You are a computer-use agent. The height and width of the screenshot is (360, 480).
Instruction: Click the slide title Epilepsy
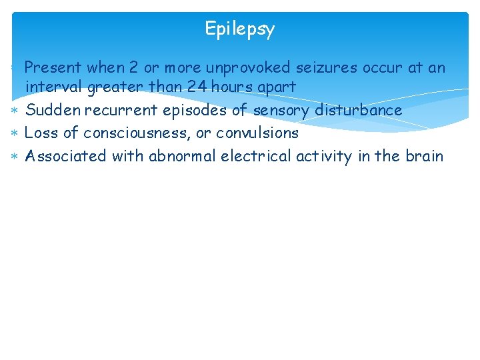(x=239, y=29)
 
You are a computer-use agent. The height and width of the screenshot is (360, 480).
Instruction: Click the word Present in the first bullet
(x=53, y=67)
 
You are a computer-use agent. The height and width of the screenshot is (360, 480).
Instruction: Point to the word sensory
(x=281, y=110)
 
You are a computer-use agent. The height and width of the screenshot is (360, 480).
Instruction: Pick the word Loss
(x=41, y=133)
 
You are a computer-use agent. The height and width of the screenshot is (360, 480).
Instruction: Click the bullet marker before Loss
(x=15, y=133)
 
